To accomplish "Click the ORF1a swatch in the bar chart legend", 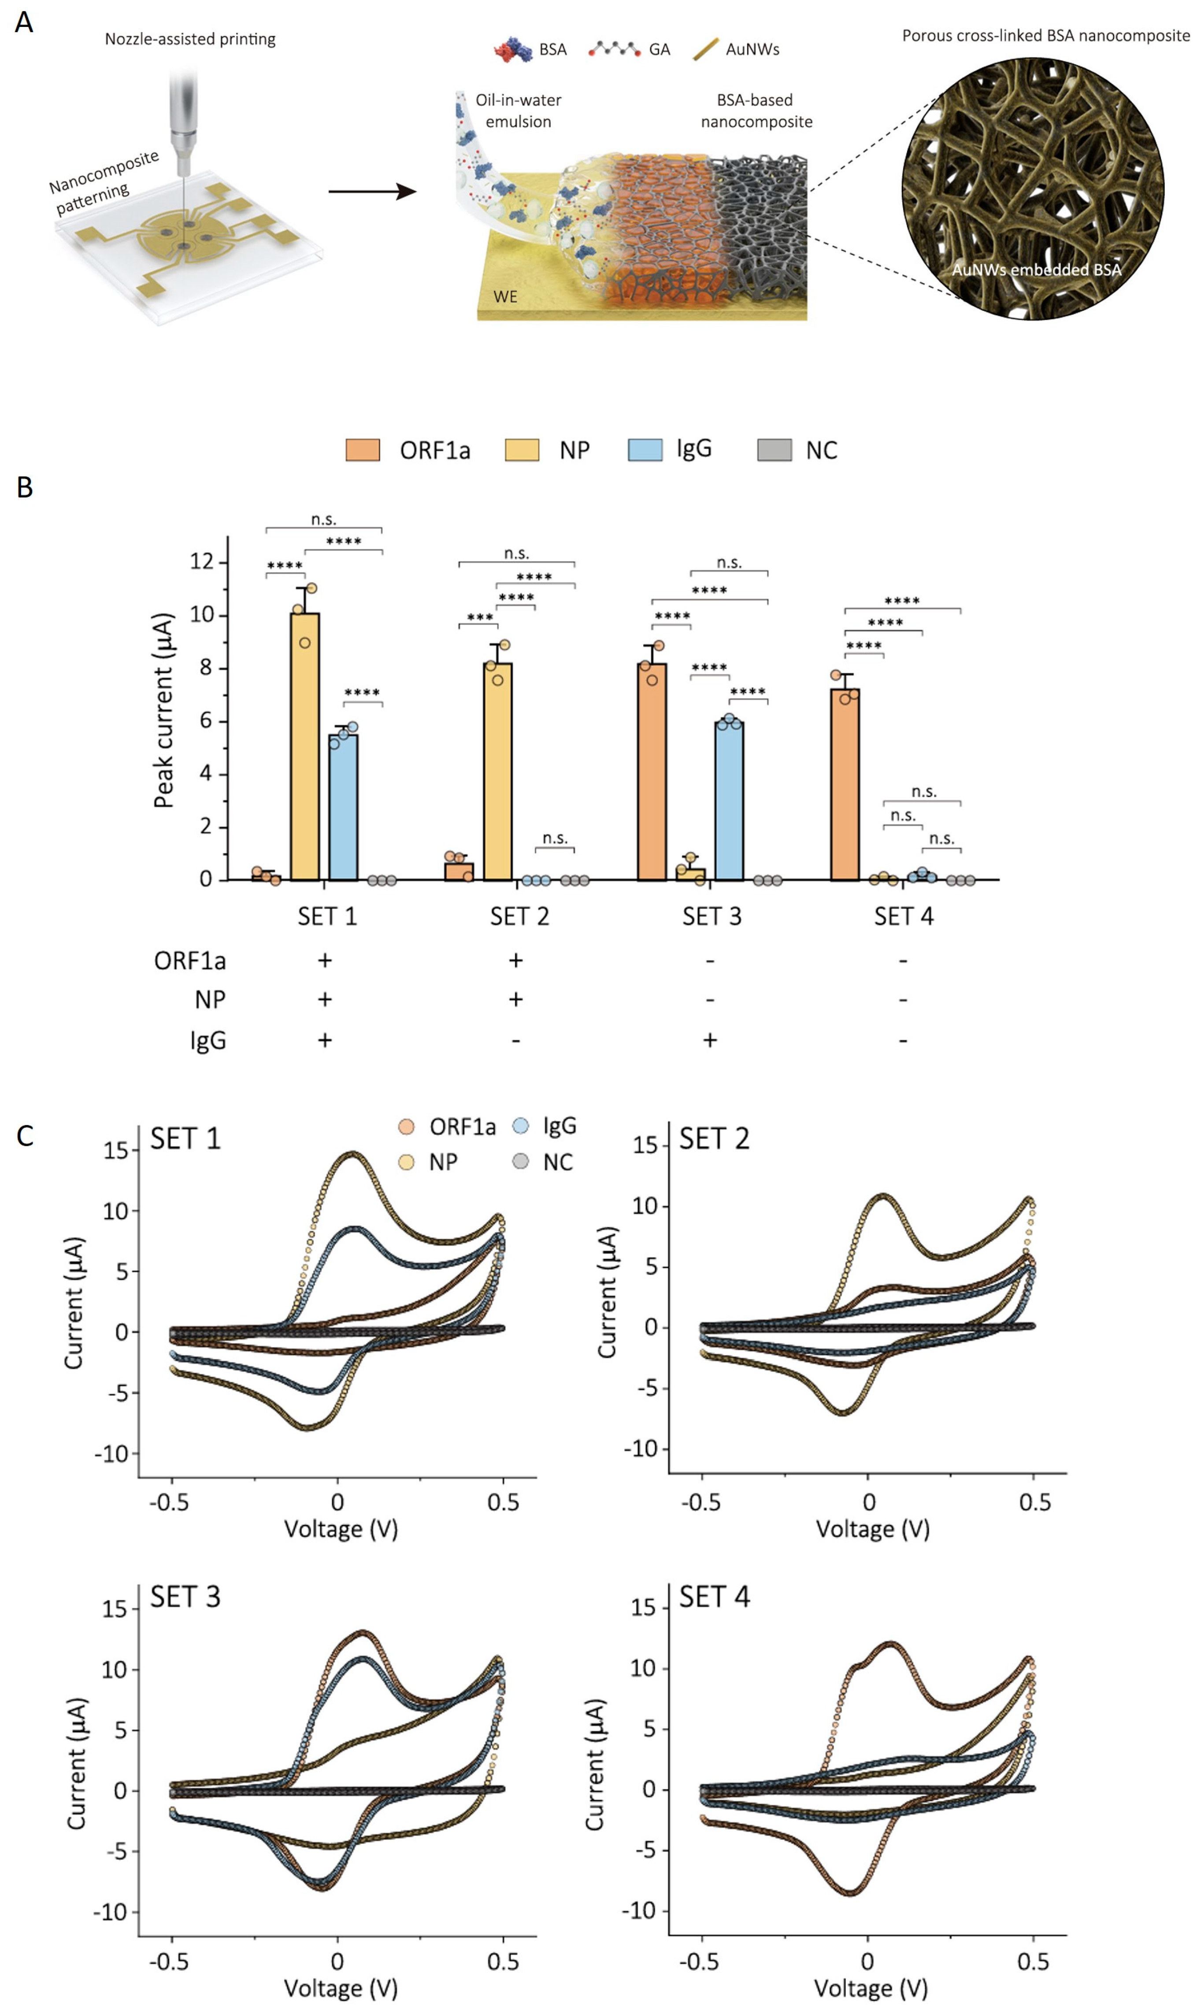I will pos(363,450).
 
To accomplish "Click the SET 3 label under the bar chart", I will pos(712,916).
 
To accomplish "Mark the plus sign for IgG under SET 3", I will pos(710,1040).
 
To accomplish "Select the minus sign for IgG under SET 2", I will pos(515,1040).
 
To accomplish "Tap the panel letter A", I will pos(24,22).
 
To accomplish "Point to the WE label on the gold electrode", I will pos(506,297).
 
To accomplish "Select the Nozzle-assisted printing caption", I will pos(190,39).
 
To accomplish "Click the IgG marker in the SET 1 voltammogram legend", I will pos(521,1126).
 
